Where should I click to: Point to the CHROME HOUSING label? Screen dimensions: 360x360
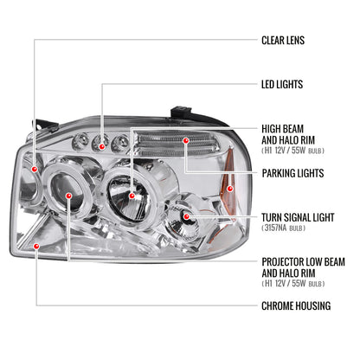pyautogui.click(x=296, y=305)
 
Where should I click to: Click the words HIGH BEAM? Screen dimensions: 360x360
pyautogui.click(x=284, y=129)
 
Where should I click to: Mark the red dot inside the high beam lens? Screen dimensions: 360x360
pyautogui.click(x=131, y=196)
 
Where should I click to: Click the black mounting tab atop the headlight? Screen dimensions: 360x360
pyautogui.click(x=178, y=111)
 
